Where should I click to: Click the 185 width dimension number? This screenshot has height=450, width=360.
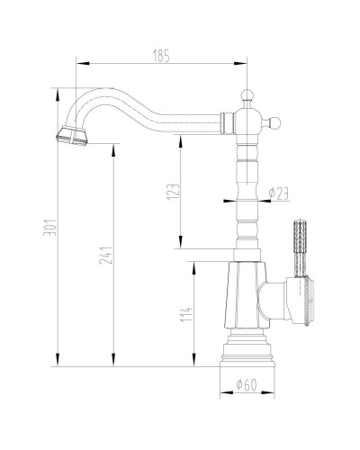162,56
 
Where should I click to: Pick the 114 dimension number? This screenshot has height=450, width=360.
185,314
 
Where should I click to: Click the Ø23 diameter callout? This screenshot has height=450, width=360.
278,192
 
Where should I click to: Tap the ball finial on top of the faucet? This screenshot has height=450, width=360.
247,94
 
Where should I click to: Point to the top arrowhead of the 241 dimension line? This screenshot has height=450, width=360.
113,143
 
